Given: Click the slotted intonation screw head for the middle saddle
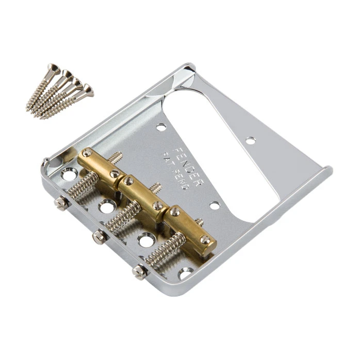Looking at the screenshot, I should (x=98, y=237).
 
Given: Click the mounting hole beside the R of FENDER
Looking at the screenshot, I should (x=214, y=205).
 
